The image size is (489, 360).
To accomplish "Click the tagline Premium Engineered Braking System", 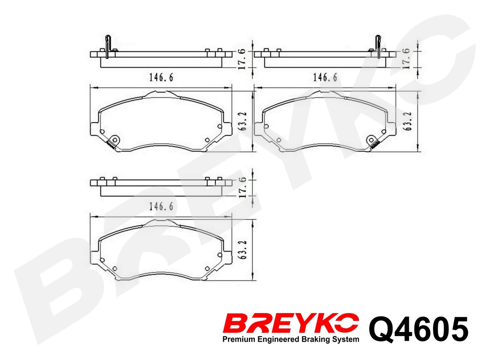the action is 290,340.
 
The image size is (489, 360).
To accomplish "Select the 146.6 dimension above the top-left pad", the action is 161,78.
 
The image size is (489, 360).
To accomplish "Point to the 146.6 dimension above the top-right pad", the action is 325,78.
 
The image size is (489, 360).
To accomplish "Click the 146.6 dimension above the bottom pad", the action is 161,207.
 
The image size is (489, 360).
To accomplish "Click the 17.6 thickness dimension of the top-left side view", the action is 242,59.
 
